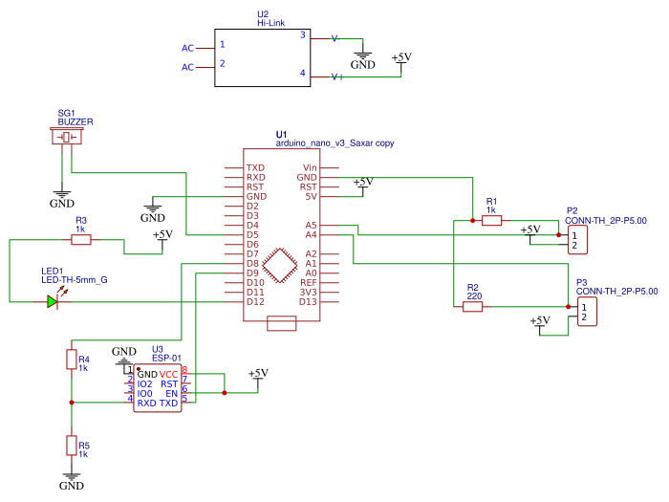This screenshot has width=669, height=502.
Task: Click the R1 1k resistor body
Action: [491, 221]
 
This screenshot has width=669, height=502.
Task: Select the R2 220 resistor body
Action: [472, 306]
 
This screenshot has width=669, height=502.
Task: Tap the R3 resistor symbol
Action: [81, 240]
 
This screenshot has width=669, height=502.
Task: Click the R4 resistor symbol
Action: [71, 359]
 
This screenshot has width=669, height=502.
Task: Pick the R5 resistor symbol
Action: [71, 445]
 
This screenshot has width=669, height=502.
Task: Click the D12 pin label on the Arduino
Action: [254, 302]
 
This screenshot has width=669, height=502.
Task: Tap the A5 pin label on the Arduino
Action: [311, 225]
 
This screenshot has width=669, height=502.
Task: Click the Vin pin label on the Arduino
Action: [309, 167]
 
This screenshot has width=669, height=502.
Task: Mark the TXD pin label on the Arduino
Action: [255, 167]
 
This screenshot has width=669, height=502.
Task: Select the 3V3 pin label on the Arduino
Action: [308, 293]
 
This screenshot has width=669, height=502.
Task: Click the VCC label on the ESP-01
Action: [169, 373]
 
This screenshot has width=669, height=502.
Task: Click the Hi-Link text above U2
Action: [272, 23]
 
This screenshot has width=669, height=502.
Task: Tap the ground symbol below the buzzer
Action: [61, 195]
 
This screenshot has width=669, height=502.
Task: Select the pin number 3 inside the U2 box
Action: [303, 35]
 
